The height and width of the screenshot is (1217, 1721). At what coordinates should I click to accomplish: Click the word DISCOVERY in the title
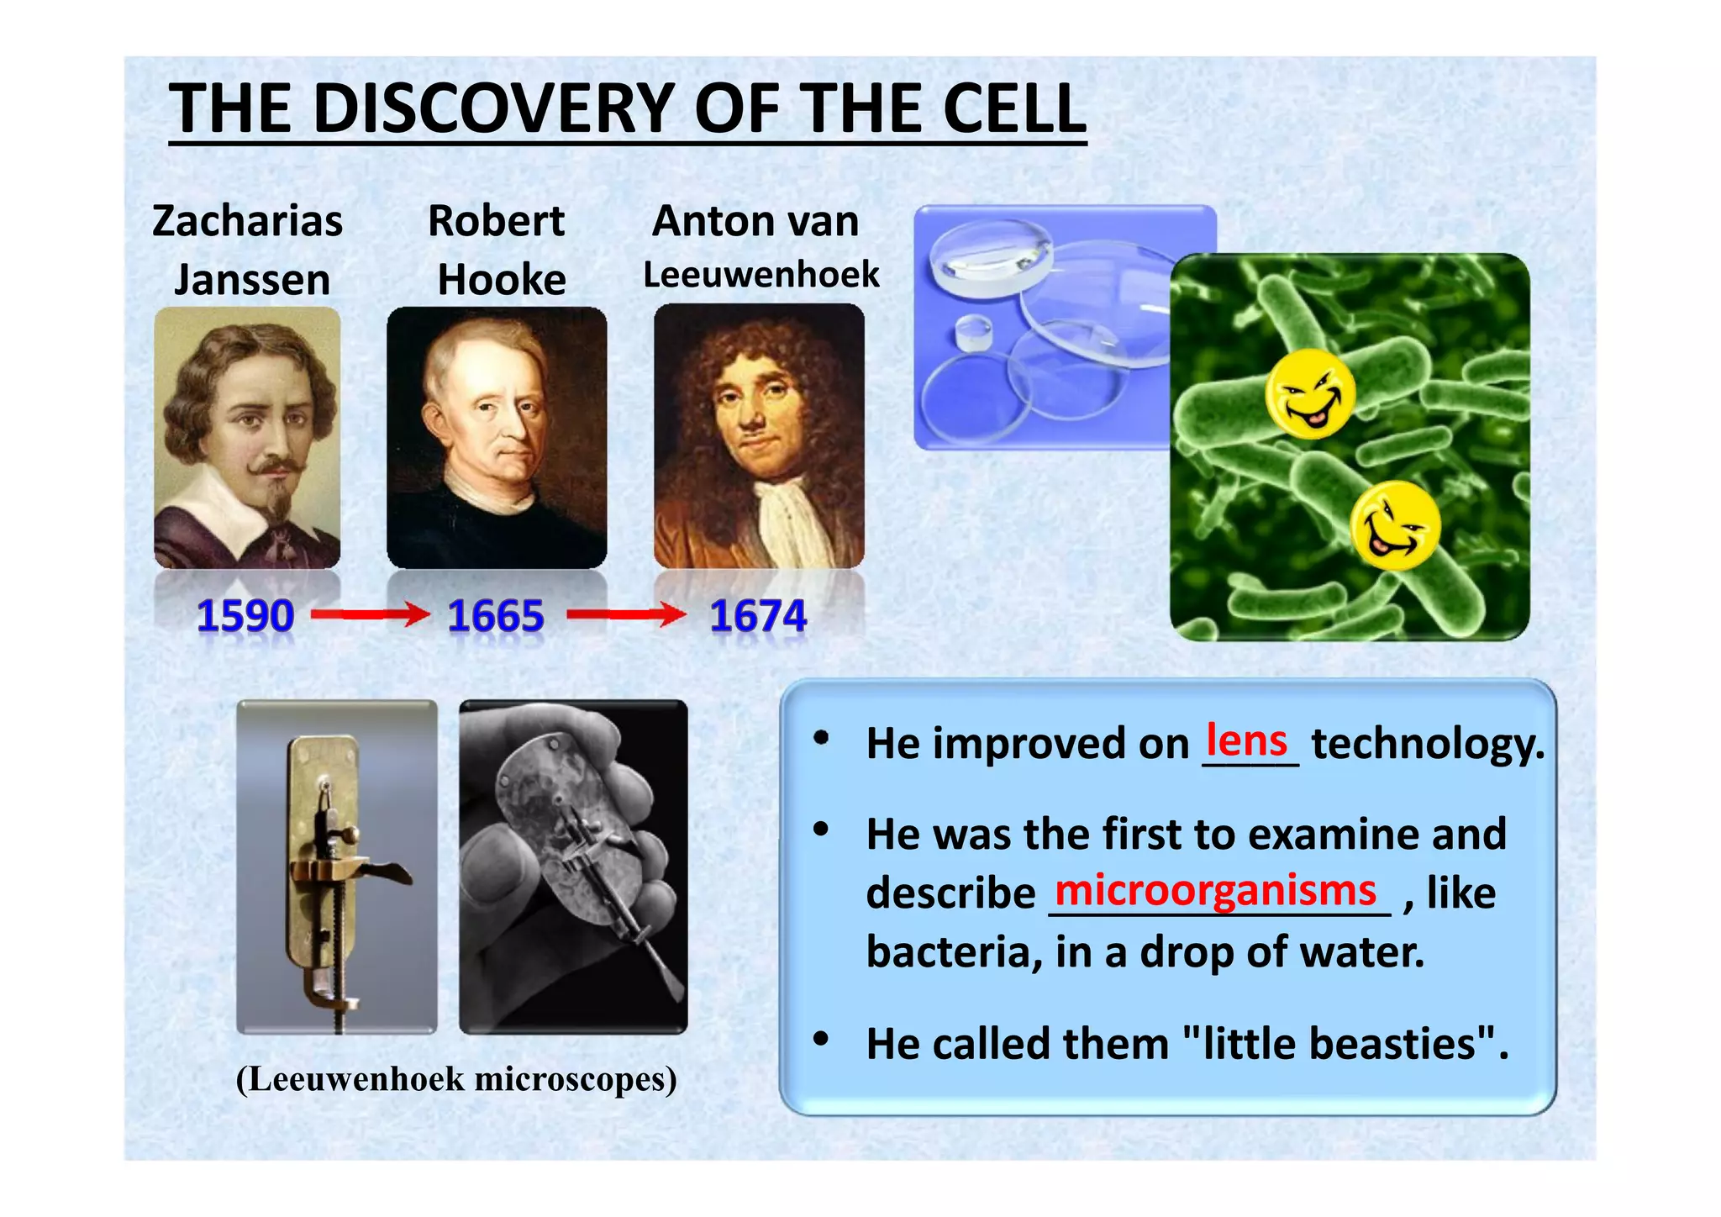pyautogui.click(x=496, y=109)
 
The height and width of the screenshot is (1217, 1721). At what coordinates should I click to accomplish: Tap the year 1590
pyautogui.click(x=245, y=615)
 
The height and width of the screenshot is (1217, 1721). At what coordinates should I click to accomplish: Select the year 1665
pyautogui.click(x=496, y=615)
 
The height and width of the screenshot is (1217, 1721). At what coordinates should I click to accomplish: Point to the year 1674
pyautogui.click(x=758, y=615)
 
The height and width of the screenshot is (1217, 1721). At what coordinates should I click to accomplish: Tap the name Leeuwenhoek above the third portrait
pyautogui.click(x=761, y=275)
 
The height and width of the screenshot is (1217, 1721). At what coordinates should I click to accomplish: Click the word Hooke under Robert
pyautogui.click(x=502, y=279)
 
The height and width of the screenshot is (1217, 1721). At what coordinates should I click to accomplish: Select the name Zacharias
pyautogui.click(x=247, y=221)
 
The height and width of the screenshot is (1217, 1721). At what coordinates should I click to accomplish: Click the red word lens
pyautogui.click(x=1246, y=740)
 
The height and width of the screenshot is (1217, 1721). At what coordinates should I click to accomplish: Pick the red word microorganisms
pyautogui.click(x=1215, y=889)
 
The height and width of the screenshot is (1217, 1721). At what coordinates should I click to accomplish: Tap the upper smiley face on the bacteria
pyautogui.click(x=1309, y=394)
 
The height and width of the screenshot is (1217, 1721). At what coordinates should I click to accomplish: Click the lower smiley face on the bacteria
pyautogui.click(x=1395, y=526)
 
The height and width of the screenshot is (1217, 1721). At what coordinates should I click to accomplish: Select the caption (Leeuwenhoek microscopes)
pyautogui.click(x=456, y=1079)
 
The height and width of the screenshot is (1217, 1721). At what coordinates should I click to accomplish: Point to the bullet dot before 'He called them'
pyautogui.click(x=821, y=1040)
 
